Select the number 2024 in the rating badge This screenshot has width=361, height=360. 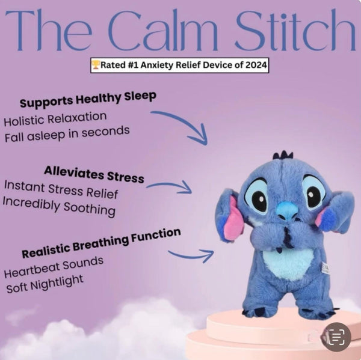[x=253, y=66]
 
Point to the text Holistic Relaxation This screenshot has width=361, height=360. [x=55, y=118]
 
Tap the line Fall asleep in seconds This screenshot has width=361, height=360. [x=66, y=133]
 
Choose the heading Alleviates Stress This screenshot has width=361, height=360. [x=94, y=175]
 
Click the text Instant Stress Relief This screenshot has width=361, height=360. [x=60, y=191]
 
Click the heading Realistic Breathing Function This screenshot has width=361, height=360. [x=101, y=242]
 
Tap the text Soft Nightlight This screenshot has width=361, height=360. [x=45, y=283]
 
